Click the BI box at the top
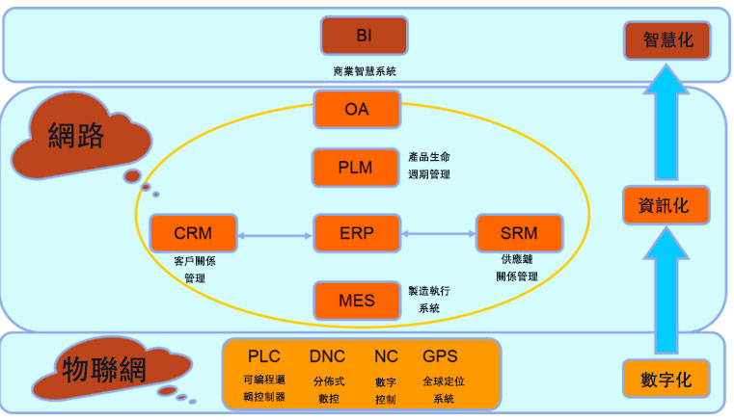coord(365,36)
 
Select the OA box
coord(357,109)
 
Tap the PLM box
coord(356,168)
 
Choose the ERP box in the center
coord(357,233)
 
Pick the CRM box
coord(193,233)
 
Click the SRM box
coord(519,233)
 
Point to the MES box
coord(357,301)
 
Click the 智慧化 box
coord(667,40)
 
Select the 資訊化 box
coord(666,205)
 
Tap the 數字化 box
coord(666,379)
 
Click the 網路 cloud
coord(80,137)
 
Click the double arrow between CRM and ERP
coord(275,236)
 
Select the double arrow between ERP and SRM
coord(438,233)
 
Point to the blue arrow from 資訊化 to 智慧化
coord(666,122)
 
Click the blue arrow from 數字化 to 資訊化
coord(666,291)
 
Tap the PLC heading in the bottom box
coord(264,356)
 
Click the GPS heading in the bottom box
coord(440,356)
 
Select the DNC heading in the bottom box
coord(327,356)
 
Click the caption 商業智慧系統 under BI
coord(365,71)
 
